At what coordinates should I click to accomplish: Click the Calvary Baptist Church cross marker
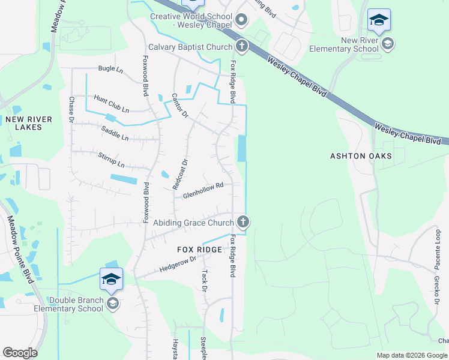pyautogui.click(x=241, y=46)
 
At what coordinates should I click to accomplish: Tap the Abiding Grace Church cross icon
pyautogui.click(x=243, y=223)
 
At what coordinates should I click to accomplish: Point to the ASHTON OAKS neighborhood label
pyautogui.click(x=361, y=156)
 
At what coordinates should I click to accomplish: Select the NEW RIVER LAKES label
pyautogui.click(x=28, y=123)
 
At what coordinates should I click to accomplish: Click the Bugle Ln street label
pyautogui.click(x=110, y=68)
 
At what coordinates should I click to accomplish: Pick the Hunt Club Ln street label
pyautogui.click(x=111, y=103)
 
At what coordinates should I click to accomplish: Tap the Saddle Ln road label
pyautogui.click(x=115, y=133)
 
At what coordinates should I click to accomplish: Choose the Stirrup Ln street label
pyautogui.click(x=111, y=160)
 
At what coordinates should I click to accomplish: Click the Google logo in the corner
pyautogui.click(x=20, y=353)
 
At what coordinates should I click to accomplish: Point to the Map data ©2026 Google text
pyautogui.click(x=412, y=355)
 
